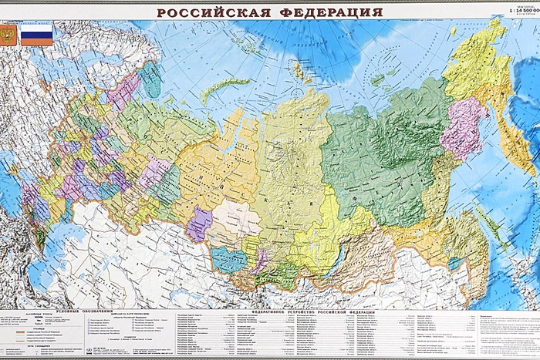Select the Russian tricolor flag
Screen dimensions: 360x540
tap(36, 35)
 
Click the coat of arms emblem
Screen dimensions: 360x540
tap(8, 35)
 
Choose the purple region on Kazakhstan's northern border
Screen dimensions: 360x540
tap(199, 224)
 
